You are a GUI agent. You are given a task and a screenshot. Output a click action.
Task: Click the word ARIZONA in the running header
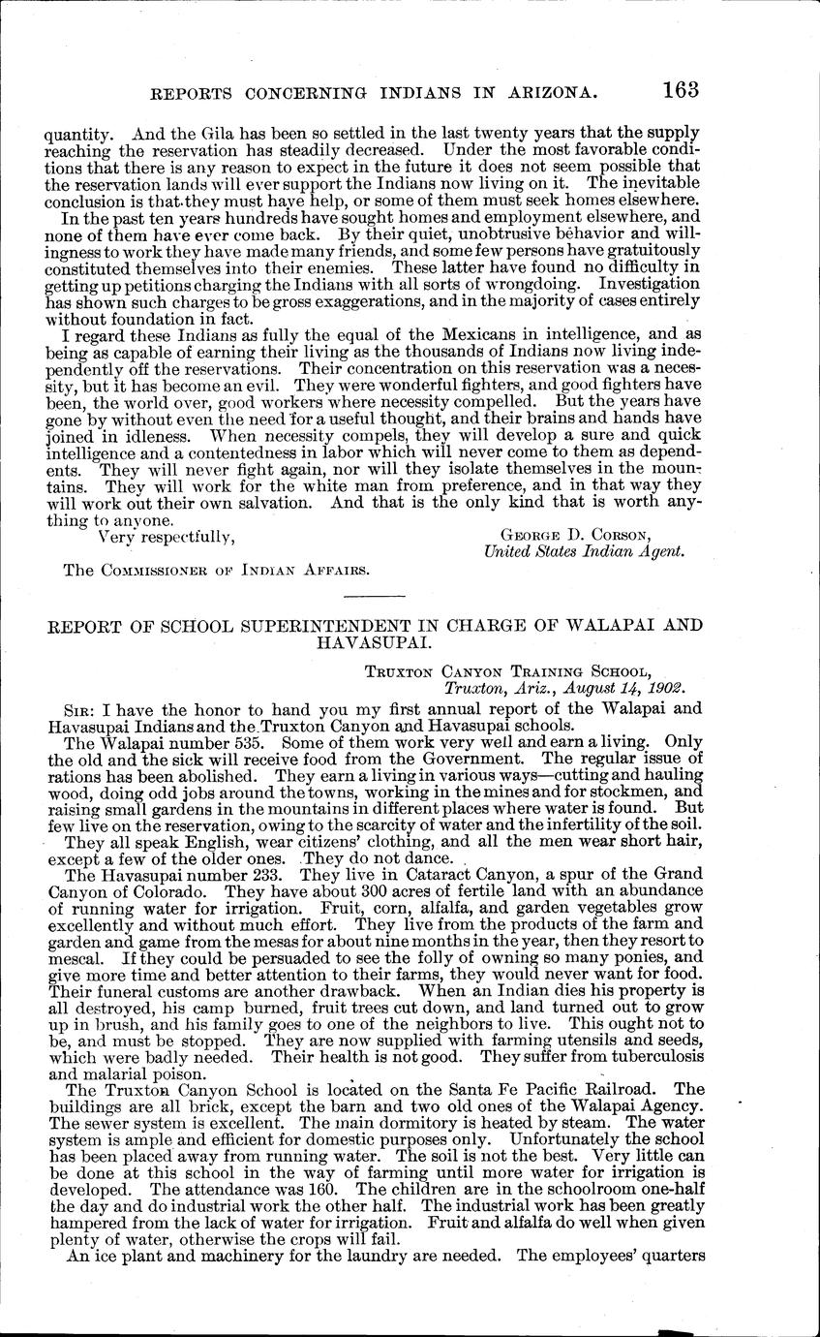[x=544, y=93]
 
